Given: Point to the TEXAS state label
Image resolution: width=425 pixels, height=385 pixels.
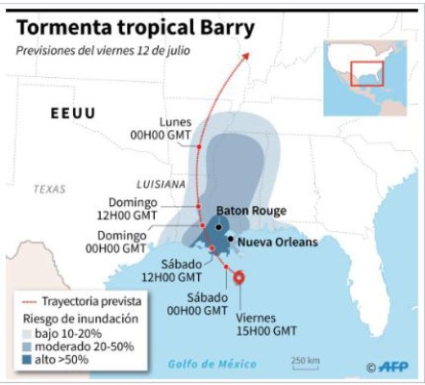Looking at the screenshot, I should [x=49, y=189].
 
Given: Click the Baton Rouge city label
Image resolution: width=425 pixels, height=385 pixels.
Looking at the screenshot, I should [x=247, y=210].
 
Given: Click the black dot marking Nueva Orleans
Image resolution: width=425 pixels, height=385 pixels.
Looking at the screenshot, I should [x=229, y=238].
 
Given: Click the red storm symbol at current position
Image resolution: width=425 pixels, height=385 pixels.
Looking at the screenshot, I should [x=239, y=279].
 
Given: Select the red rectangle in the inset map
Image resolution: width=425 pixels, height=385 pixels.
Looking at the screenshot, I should [x=367, y=73].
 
